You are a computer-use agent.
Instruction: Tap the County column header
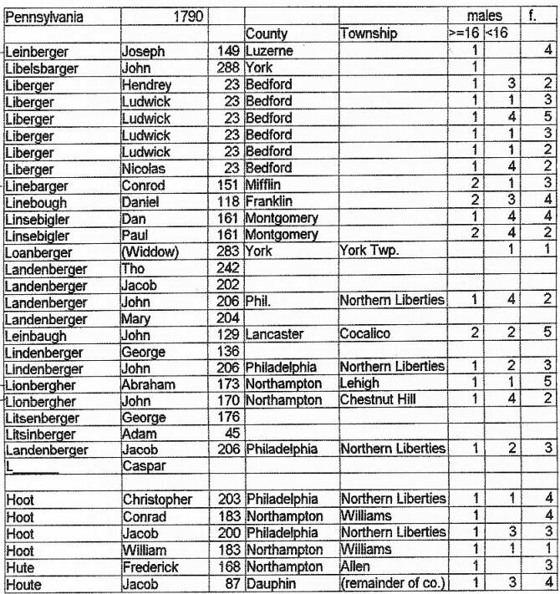click(x=267, y=34)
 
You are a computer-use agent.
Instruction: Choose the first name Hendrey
click(x=146, y=84)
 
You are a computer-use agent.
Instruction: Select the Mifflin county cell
click(x=263, y=185)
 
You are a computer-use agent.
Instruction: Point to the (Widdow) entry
click(x=148, y=251)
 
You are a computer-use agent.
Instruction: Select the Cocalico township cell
click(x=363, y=334)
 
